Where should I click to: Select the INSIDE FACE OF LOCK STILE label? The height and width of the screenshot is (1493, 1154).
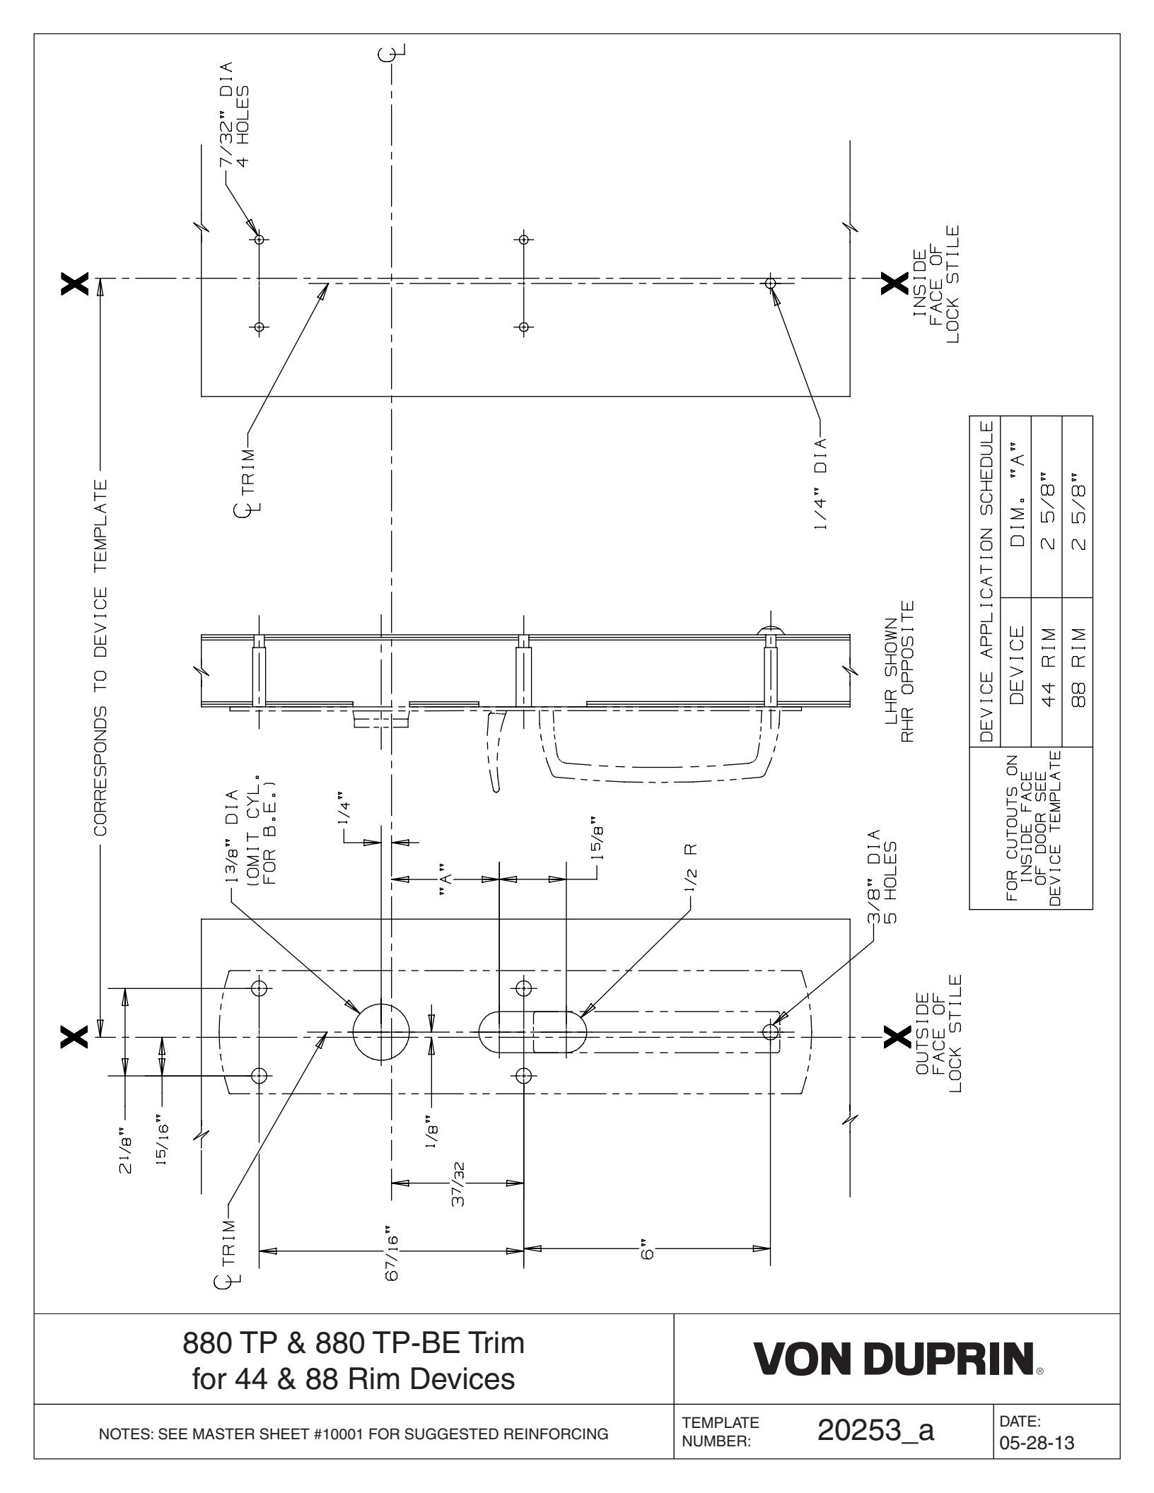(x=937, y=284)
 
